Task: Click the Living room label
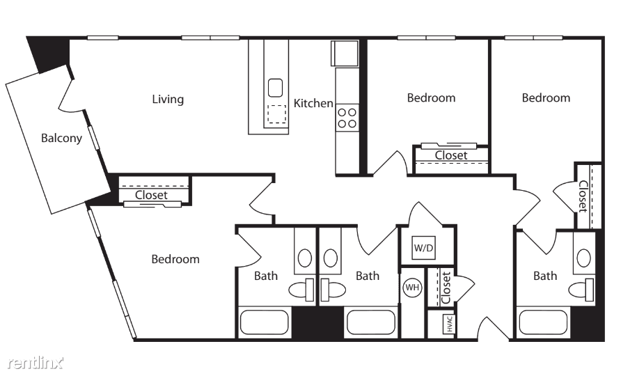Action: [168, 99]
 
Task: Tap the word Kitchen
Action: [313, 103]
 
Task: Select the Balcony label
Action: [61, 138]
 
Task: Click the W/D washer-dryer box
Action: [424, 247]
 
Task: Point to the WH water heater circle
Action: [412, 288]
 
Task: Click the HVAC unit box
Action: [448, 324]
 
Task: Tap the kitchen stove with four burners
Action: [347, 118]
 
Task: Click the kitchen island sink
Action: [276, 88]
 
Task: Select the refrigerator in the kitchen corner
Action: [345, 53]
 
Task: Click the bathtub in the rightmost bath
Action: [543, 323]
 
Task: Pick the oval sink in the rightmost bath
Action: [584, 258]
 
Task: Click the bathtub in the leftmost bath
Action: [264, 323]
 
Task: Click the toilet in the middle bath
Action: [333, 290]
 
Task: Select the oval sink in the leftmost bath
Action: [305, 258]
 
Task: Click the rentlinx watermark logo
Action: [36, 362]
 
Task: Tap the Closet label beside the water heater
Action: [446, 288]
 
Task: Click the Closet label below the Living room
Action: [151, 195]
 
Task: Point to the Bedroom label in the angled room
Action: [175, 259]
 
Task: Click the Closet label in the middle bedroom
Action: [451, 155]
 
